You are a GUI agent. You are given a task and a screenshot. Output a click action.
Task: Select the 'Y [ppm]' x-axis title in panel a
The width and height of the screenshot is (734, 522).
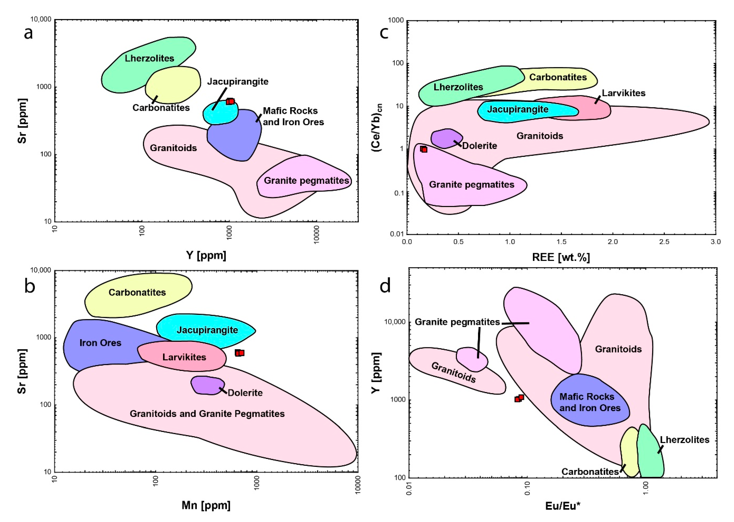tap(206, 255)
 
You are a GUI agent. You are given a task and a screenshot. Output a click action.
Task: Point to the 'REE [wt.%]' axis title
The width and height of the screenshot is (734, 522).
tap(561, 257)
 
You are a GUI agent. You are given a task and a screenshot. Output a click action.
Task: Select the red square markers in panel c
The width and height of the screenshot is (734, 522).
tap(424, 149)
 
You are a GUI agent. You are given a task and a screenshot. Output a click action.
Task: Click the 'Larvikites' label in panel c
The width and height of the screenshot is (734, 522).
tap(623, 93)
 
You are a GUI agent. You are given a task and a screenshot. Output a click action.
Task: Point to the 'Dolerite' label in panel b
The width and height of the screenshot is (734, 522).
tap(245, 393)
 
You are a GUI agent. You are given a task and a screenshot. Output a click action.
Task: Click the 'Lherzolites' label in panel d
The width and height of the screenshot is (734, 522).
tap(684, 440)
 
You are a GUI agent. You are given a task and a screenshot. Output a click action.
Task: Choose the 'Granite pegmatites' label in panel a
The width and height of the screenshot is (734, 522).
tap(306, 181)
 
